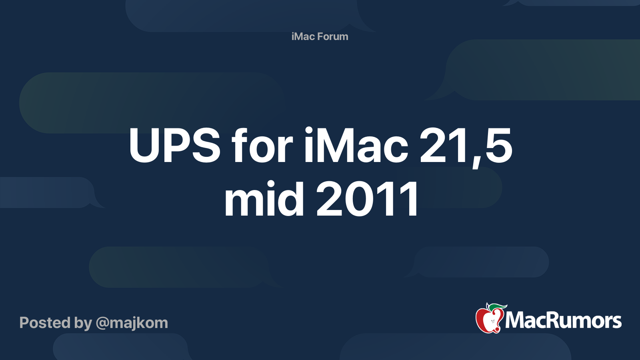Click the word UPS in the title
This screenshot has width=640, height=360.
[174, 146]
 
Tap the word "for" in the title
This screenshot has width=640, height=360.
[262, 146]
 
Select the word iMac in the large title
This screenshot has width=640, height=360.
[356, 146]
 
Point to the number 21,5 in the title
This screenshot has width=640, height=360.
[466, 146]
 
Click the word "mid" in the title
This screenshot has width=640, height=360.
[264, 199]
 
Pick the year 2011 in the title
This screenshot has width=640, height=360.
[368, 199]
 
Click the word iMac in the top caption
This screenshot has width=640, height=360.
[303, 36]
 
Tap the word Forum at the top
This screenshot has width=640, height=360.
[333, 36]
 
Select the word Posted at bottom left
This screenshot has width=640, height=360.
[45, 322]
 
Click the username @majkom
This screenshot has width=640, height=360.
[132, 322]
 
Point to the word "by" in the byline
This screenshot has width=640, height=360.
[83, 323]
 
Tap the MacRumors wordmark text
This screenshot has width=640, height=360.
[563, 320]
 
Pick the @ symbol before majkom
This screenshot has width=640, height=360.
[102, 323]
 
